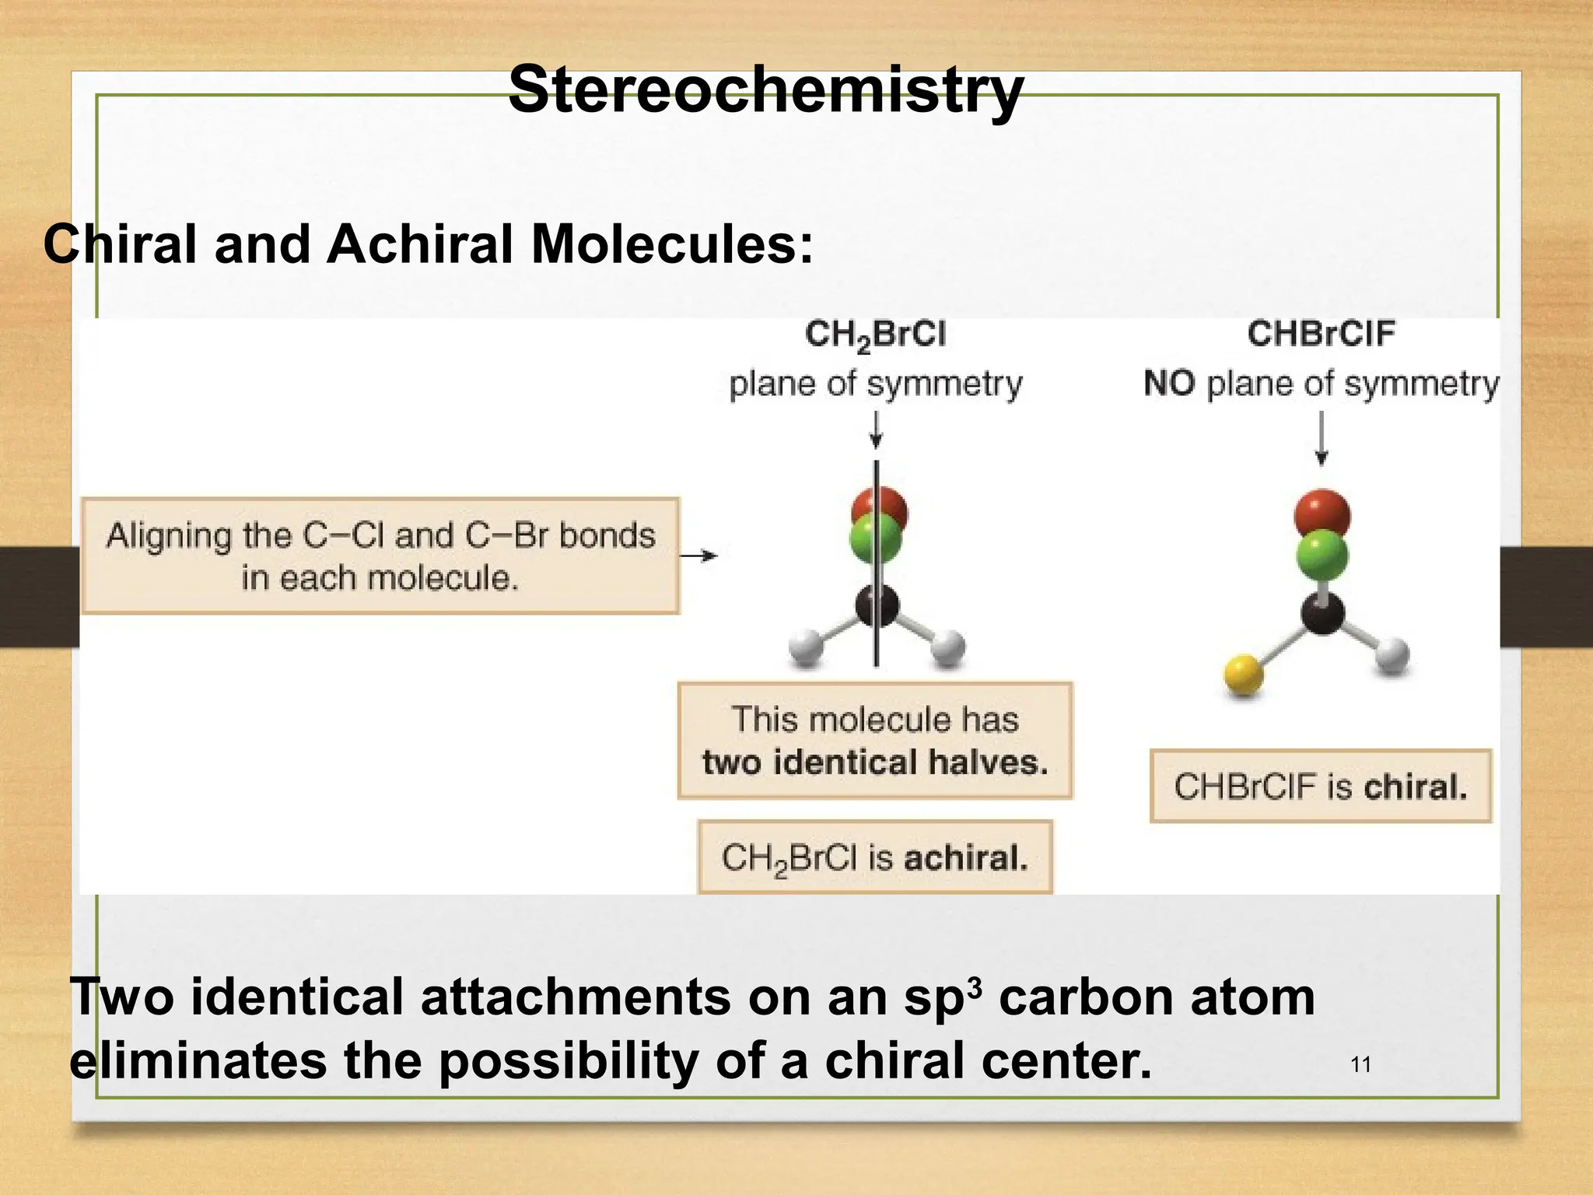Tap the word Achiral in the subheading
(418, 245)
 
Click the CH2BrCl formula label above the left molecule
(875, 335)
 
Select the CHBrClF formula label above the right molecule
(1321, 334)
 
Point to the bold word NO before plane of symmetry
(1169, 384)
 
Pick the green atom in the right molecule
(1322, 555)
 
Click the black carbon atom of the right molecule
(1323, 613)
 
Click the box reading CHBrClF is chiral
(1321, 786)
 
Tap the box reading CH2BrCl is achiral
(875, 857)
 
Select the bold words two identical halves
(875, 762)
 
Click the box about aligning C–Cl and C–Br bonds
(380, 556)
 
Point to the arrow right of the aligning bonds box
(698, 555)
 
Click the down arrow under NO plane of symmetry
(1321, 440)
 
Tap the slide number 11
(1360, 1065)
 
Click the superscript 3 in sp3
(977, 985)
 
